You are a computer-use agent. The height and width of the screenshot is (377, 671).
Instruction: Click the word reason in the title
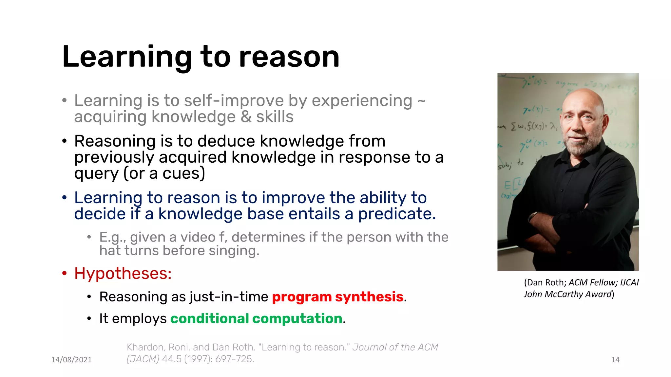pyautogui.click(x=289, y=57)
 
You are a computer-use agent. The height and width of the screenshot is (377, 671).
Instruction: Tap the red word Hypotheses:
pyautogui.click(x=123, y=273)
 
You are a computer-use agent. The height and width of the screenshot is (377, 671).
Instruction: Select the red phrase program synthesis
pyautogui.click(x=337, y=297)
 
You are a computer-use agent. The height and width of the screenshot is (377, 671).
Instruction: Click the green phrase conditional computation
pyautogui.click(x=256, y=318)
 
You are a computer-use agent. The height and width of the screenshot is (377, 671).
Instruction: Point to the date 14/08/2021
pyautogui.click(x=71, y=360)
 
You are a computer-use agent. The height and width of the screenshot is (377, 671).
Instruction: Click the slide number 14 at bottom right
pyautogui.click(x=615, y=360)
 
